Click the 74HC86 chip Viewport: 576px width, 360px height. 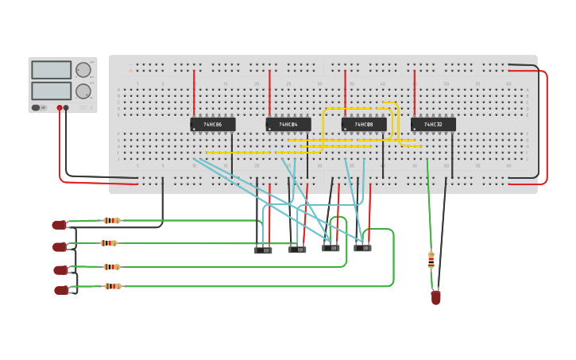pyautogui.click(x=212, y=125)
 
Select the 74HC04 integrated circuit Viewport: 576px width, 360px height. pyautogui.click(x=288, y=125)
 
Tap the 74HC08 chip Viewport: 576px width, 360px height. pyautogui.click(x=364, y=125)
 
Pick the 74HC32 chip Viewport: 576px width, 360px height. pyautogui.click(x=433, y=125)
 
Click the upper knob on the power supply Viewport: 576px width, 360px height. pyautogui.click(x=83, y=70)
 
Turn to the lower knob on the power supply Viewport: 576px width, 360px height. pyautogui.click(x=83, y=91)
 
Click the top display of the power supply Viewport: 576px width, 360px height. pyautogui.click(x=51, y=70)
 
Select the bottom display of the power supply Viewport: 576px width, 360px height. pyautogui.click(x=51, y=91)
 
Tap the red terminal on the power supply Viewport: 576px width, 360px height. pyautogui.click(x=59, y=107)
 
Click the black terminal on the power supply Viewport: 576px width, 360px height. pyautogui.click(x=66, y=107)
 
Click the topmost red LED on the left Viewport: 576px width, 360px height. pyautogui.click(x=60, y=225)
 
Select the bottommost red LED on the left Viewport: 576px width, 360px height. pyautogui.click(x=61, y=290)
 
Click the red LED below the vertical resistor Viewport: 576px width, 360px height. pyautogui.click(x=435, y=297)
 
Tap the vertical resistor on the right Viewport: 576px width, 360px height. pyautogui.click(x=431, y=260)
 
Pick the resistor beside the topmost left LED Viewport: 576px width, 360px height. pyautogui.click(x=111, y=220)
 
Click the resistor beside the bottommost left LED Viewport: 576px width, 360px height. pyautogui.click(x=113, y=286)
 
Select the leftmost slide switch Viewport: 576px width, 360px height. pyautogui.click(x=263, y=250)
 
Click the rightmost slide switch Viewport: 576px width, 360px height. pyautogui.click(x=362, y=248)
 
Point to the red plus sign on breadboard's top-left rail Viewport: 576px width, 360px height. pyautogui.click(x=130, y=70)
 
